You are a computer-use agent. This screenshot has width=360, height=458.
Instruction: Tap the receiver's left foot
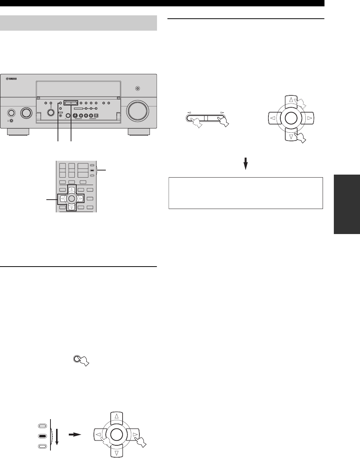click(18, 132)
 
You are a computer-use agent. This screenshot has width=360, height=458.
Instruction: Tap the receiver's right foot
click(139, 132)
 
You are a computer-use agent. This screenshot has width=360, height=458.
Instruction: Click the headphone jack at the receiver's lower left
click(12, 120)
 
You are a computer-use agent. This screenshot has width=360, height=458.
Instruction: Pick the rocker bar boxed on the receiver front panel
click(71, 102)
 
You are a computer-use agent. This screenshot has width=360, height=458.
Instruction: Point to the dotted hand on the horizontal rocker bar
click(195, 122)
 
